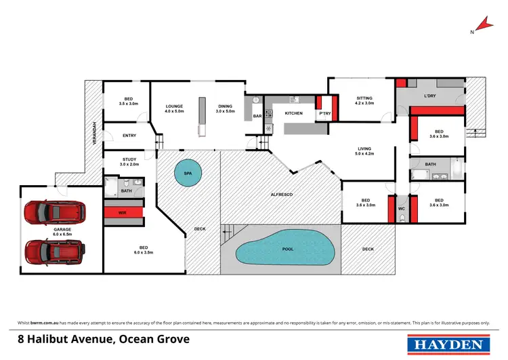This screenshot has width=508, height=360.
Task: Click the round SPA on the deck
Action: [x=187, y=174]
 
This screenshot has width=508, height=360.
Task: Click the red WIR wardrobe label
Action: [x=123, y=212]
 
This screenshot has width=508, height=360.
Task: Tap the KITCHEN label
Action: [x=293, y=113]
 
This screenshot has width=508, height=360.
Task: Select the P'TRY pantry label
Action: [x=324, y=113]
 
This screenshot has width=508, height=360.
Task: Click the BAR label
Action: [x=257, y=116]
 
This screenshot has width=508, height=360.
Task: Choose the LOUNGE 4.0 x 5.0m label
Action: [x=175, y=108]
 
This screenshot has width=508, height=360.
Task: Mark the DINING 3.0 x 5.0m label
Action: [x=226, y=108]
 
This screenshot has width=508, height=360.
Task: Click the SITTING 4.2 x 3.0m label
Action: [x=364, y=100]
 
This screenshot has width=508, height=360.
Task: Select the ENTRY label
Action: [x=129, y=136]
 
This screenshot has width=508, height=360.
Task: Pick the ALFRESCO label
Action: [x=281, y=195]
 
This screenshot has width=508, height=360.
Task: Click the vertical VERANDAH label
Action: [x=95, y=133]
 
